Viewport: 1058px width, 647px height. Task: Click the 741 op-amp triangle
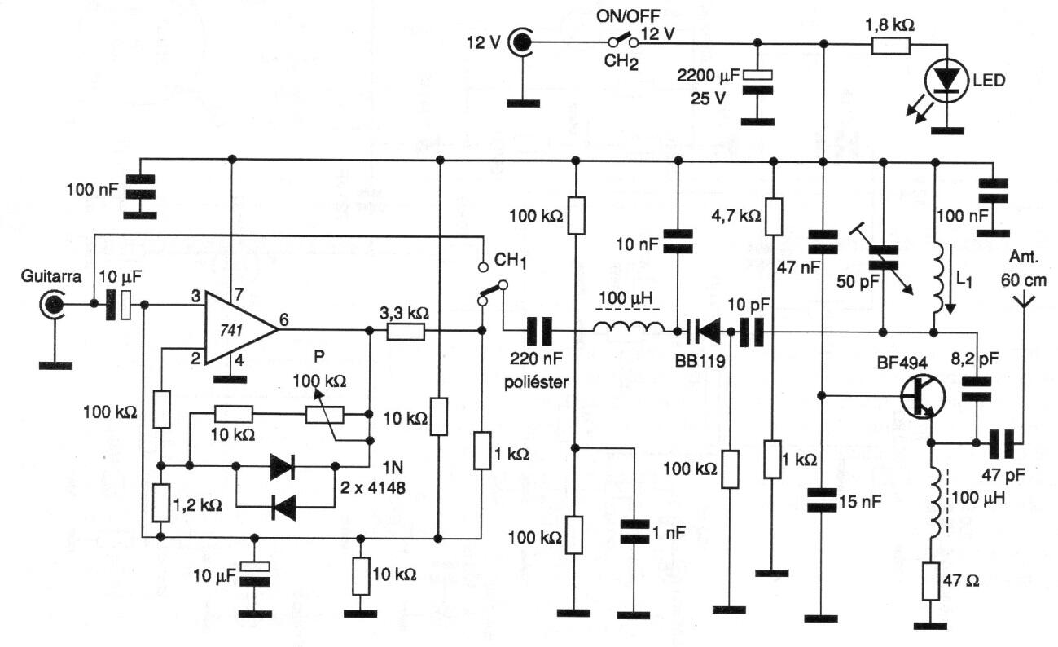(x=236, y=329)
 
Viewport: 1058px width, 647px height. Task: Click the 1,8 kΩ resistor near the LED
(x=891, y=46)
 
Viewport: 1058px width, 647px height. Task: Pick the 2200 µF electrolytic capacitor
(x=757, y=82)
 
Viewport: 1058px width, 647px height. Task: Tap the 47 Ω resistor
(x=930, y=581)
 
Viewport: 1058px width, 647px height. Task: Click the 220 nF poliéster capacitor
(x=539, y=332)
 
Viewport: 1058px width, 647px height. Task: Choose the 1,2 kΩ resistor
(x=161, y=503)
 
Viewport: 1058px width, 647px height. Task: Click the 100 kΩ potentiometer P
(x=325, y=415)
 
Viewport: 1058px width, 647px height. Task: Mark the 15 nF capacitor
(x=821, y=501)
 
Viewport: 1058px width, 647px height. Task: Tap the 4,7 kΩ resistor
(x=773, y=217)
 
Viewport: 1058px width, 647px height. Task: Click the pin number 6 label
(x=284, y=320)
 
